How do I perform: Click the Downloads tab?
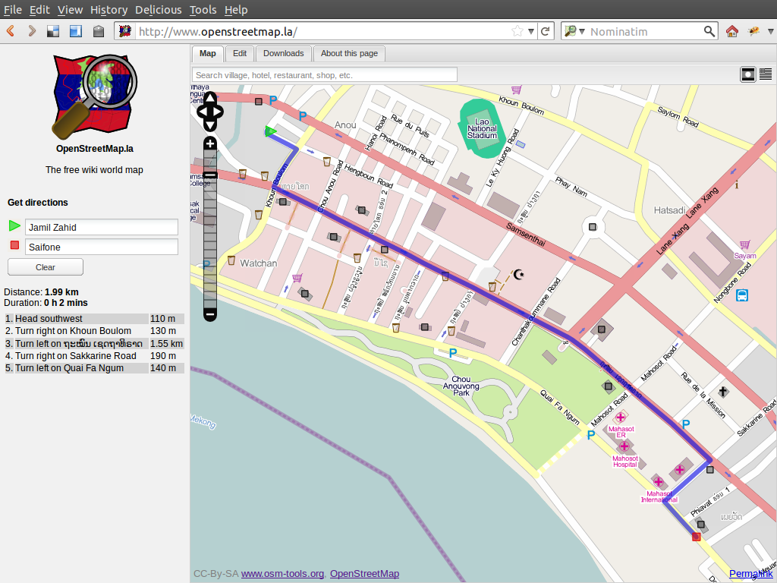(x=283, y=53)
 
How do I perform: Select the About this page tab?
(x=349, y=53)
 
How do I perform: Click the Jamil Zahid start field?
(x=102, y=228)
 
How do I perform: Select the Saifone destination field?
(x=102, y=247)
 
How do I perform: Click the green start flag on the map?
(x=270, y=131)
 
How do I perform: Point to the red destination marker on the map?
(x=696, y=537)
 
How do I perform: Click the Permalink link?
(x=751, y=574)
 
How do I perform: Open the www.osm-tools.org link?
(x=282, y=574)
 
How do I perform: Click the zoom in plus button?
(x=210, y=143)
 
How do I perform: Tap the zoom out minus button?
(x=210, y=314)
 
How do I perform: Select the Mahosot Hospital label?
(x=624, y=462)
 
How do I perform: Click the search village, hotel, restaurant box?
(x=325, y=75)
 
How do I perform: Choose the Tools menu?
(x=203, y=10)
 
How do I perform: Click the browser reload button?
(x=546, y=31)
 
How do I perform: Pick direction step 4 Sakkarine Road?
(x=76, y=355)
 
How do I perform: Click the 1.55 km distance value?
(x=166, y=343)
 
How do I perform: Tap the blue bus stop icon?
(x=742, y=296)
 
